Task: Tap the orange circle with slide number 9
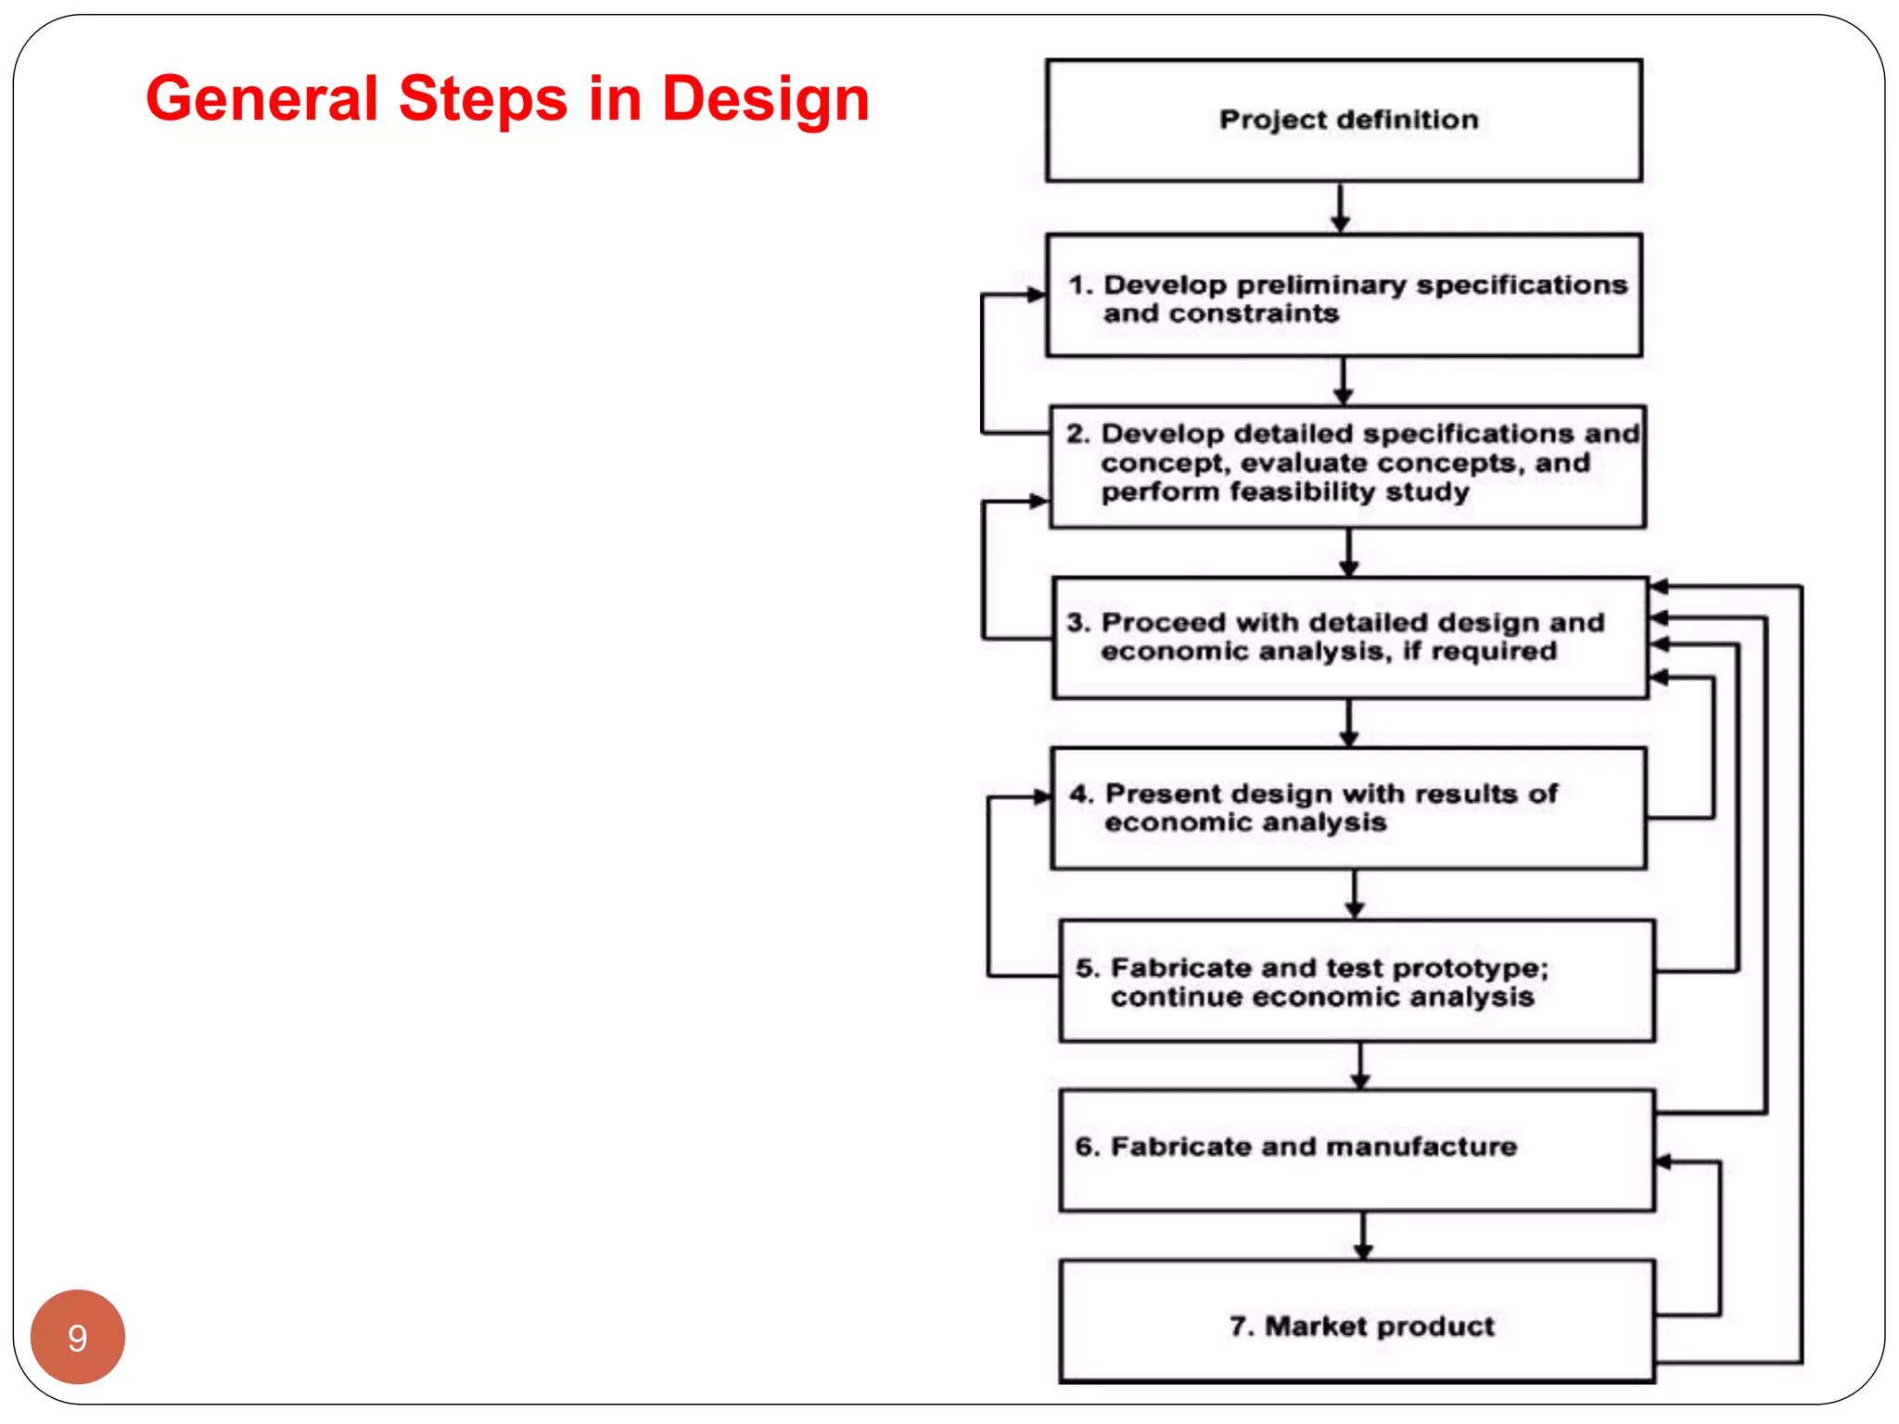[x=77, y=1337]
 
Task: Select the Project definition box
[x=1344, y=121]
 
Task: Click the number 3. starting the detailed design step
[x=1078, y=622]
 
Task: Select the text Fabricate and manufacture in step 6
[x=1313, y=1147]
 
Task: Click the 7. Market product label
[x=1361, y=1326]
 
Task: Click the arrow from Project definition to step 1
[x=1340, y=209]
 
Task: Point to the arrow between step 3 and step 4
[x=1349, y=724]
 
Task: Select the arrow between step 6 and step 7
[x=1362, y=1237]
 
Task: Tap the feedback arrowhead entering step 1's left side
[x=1037, y=295]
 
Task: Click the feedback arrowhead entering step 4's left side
[x=1041, y=796]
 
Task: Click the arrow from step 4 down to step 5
[x=1355, y=896]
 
